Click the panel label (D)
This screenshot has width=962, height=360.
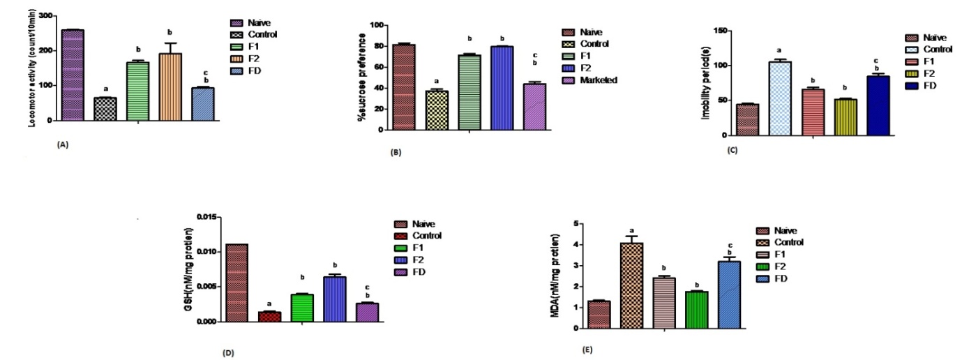pyautogui.click(x=227, y=352)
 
